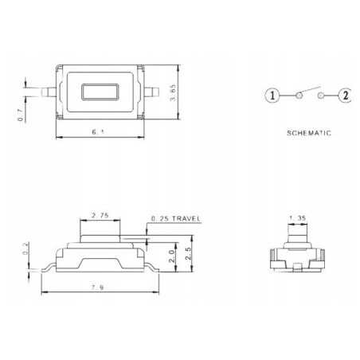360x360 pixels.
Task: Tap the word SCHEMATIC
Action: point(309,133)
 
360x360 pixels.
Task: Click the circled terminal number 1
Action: point(272,96)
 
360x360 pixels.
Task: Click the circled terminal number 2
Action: point(345,96)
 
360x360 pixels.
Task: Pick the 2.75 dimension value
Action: point(100,216)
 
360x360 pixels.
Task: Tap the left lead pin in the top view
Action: point(47,90)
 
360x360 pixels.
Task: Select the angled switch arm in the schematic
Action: point(309,90)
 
